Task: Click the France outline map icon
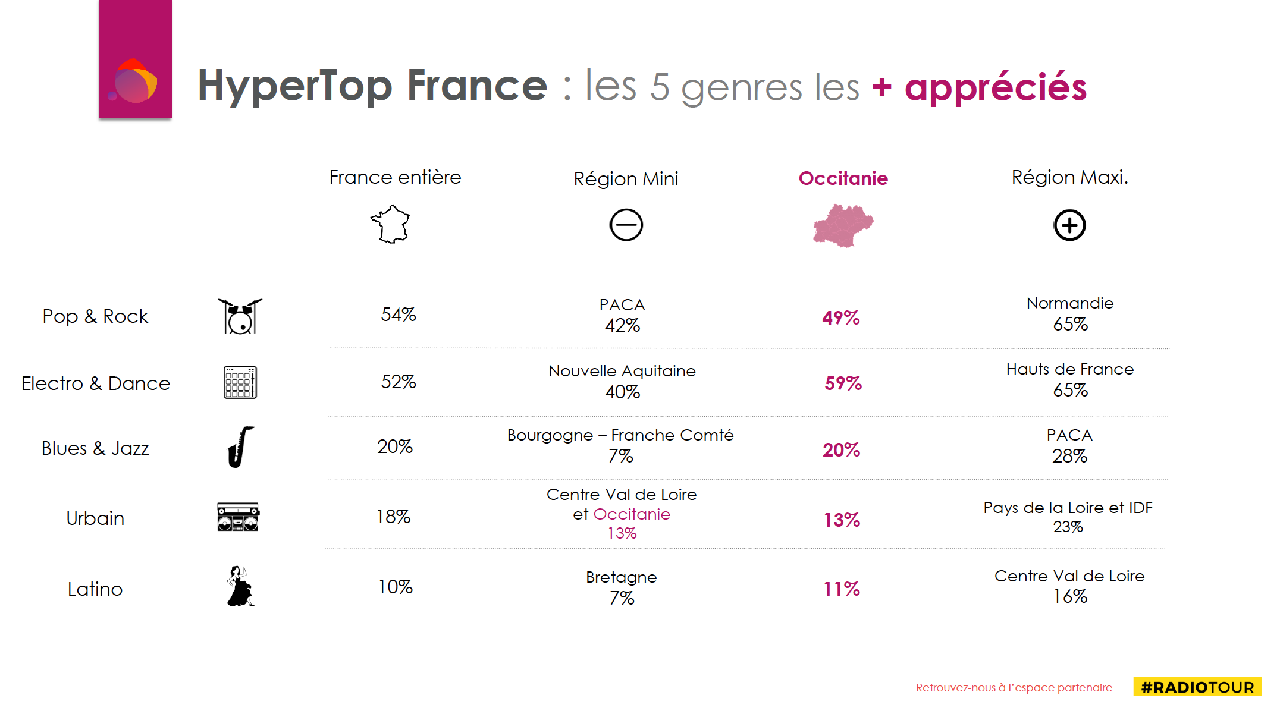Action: coord(391,225)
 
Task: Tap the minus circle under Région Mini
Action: coord(626,225)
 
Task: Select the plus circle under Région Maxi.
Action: coord(1069,225)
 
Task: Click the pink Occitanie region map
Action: coord(842,225)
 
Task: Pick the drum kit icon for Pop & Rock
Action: coord(240,316)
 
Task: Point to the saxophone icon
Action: coord(240,447)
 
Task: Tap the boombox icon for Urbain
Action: coord(238,517)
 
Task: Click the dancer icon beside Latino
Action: coord(240,587)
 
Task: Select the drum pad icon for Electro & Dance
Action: coord(240,382)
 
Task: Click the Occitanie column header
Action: coord(843,178)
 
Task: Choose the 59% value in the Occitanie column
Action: coord(843,383)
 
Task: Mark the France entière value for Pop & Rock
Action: coord(398,315)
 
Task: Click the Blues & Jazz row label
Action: coord(95,448)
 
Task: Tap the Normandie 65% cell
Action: coord(1070,314)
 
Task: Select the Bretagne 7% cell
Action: coord(622,587)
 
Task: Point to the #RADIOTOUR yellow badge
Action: coord(1197,687)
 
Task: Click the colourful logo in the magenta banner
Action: coord(135,81)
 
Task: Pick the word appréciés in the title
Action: coord(996,87)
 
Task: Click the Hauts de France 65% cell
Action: coord(1070,380)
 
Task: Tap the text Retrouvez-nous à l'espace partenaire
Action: coord(1014,688)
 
